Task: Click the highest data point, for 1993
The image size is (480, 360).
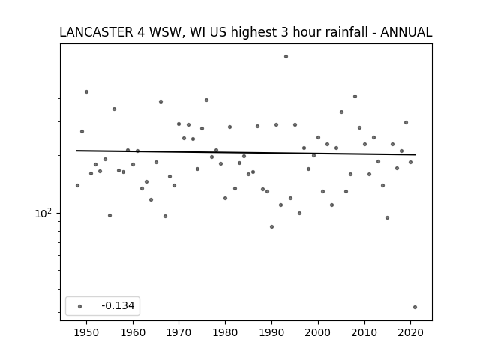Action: (x=286, y=57)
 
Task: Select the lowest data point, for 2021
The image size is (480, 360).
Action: (x=415, y=307)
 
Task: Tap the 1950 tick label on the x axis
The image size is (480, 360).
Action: (x=87, y=332)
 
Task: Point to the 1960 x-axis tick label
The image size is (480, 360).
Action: (x=133, y=332)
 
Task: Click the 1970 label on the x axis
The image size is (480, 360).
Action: (x=179, y=332)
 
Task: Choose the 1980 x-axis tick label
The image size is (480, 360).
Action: (x=225, y=332)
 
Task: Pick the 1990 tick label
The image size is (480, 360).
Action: (x=271, y=332)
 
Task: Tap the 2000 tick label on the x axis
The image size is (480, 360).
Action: (x=318, y=332)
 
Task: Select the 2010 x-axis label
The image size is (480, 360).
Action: (x=364, y=332)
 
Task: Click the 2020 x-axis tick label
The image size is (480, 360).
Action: (x=410, y=332)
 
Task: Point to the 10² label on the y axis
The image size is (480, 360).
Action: (x=43, y=213)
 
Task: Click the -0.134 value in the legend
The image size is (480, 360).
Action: (x=118, y=305)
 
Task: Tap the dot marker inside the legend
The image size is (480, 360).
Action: (x=80, y=306)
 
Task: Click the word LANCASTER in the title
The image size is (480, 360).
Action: (x=96, y=32)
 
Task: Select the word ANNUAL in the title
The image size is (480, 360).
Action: (x=406, y=32)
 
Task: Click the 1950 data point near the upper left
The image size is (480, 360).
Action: (x=87, y=91)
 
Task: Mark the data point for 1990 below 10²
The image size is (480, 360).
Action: (x=271, y=226)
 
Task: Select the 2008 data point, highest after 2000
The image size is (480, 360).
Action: (x=355, y=97)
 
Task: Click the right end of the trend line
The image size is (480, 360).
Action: (x=415, y=154)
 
